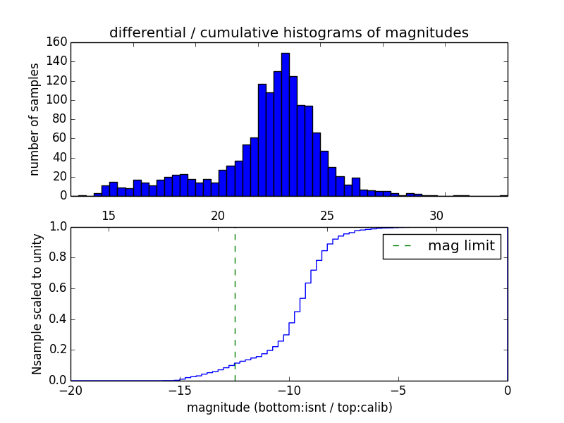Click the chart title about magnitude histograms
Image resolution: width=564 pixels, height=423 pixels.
pyautogui.click(x=288, y=32)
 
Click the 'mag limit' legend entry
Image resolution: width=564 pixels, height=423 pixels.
pyautogui.click(x=441, y=246)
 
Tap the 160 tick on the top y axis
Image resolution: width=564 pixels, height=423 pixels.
pyautogui.click(x=57, y=42)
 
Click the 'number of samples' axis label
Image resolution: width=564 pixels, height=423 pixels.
pyautogui.click(x=34, y=119)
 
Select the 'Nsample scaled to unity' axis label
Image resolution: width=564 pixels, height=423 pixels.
pyautogui.click(x=37, y=303)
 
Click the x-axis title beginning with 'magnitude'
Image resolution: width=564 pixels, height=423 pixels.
pyautogui.click(x=289, y=407)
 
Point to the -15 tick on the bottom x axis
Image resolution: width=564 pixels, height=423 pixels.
pyautogui.click(x=179, y=390)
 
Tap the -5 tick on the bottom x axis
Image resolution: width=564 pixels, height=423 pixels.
pyautogui.click(x=398, y=390)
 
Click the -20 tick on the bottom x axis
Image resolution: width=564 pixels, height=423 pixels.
pyautogui.click(x=70, y=390)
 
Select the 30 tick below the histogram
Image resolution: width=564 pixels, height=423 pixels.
pyautogui.click(x=436, y=215)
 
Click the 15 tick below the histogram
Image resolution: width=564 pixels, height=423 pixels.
pyautogui.click(x=109, y=215)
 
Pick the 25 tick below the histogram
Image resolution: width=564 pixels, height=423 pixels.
pyautogui.click(x=327, y=215)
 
